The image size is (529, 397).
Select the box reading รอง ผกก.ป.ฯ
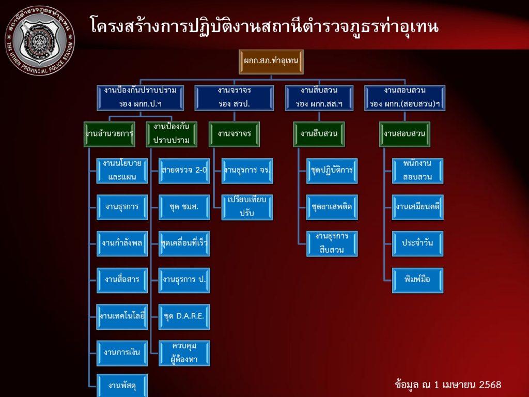tap(141, 97)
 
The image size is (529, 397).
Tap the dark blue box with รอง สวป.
tap(234, 97)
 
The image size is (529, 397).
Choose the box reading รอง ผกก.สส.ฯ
tap(319, 97)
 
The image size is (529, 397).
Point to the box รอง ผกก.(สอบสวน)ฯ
tap(404, 97)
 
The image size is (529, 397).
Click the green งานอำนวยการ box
tap(110, 134)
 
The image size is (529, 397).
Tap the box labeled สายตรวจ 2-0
tap(184, 170)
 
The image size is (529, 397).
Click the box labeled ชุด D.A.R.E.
tap(184, 316)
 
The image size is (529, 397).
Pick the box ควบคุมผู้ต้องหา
tap(184, 353)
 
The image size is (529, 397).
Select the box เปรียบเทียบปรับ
tap(247, 207)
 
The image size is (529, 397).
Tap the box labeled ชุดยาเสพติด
tap(332, 207)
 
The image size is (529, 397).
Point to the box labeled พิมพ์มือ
tap(417, 280)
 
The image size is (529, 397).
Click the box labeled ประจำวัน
tap(417, 243)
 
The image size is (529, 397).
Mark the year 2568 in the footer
tap(490, 385)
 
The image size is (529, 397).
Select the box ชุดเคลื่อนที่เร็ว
tap(184, 243)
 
